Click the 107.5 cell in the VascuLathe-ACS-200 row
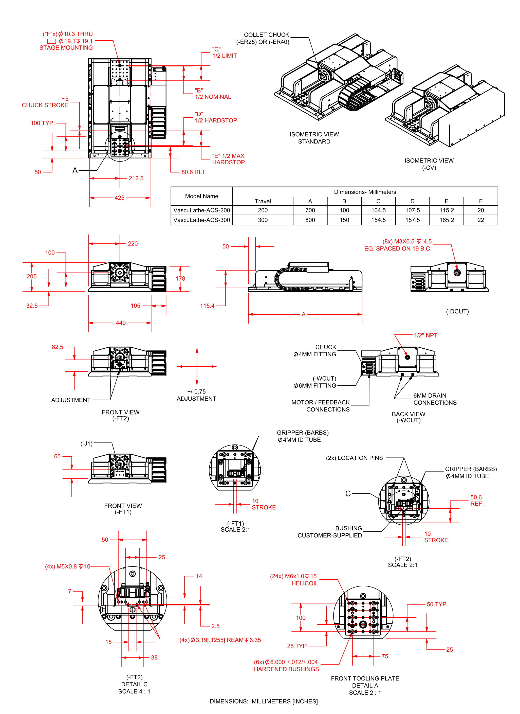tap(412, 210)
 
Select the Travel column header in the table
tap(263, 201)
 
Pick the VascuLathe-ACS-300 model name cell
tap(201, 220)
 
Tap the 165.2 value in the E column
tap(446, 220)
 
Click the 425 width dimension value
tap(119, 198)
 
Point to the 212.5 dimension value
tap(136, 178)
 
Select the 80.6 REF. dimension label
tap(194, 172)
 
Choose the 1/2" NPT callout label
tap(425, 335)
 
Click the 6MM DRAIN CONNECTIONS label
tap(435, 399)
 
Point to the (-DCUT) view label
tap(457, 311)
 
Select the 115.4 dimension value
tap(207, 306)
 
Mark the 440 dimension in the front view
tap(121, 323)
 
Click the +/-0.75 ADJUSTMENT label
tap(196, 395)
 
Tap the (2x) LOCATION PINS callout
tap(354, 458)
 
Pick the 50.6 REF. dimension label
tap(477, 501)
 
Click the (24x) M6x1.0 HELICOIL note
tap(294, 580)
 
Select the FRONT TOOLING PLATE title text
tap(365, 678)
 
